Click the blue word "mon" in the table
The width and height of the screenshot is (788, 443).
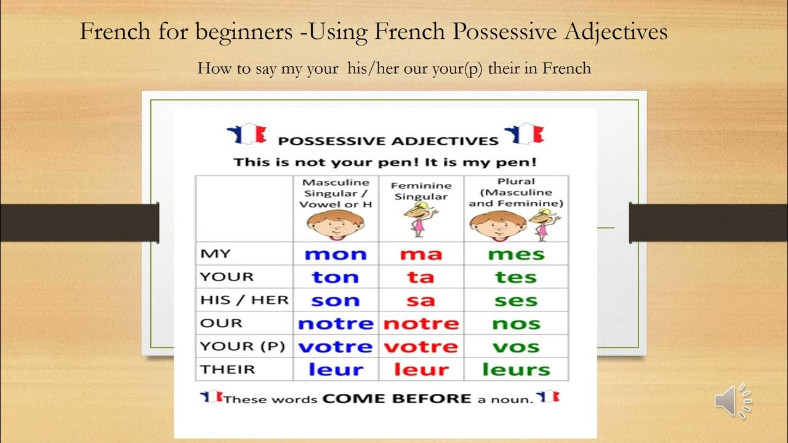click(336, 254)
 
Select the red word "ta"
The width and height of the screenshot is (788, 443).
click(420, 277)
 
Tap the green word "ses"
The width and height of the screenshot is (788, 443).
click(516, 301)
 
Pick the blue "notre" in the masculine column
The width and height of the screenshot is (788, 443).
click(336, 324)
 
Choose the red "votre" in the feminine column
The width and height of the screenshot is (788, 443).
click(420, 347)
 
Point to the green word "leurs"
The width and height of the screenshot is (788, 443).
click(516, 370)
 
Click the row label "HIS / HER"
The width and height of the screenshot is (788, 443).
click(244, 300)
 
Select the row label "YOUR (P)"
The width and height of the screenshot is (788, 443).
click(243, 346)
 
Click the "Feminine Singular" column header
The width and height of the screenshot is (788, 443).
click(421, 190)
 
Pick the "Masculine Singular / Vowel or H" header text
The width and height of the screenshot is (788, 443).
click(336, 193)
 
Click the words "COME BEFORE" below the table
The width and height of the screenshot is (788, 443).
click(398, 399)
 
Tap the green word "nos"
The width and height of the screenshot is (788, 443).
click(516, 324)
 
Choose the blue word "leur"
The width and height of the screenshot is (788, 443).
click(336, 370)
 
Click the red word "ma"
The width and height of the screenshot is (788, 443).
click(420, 254)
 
